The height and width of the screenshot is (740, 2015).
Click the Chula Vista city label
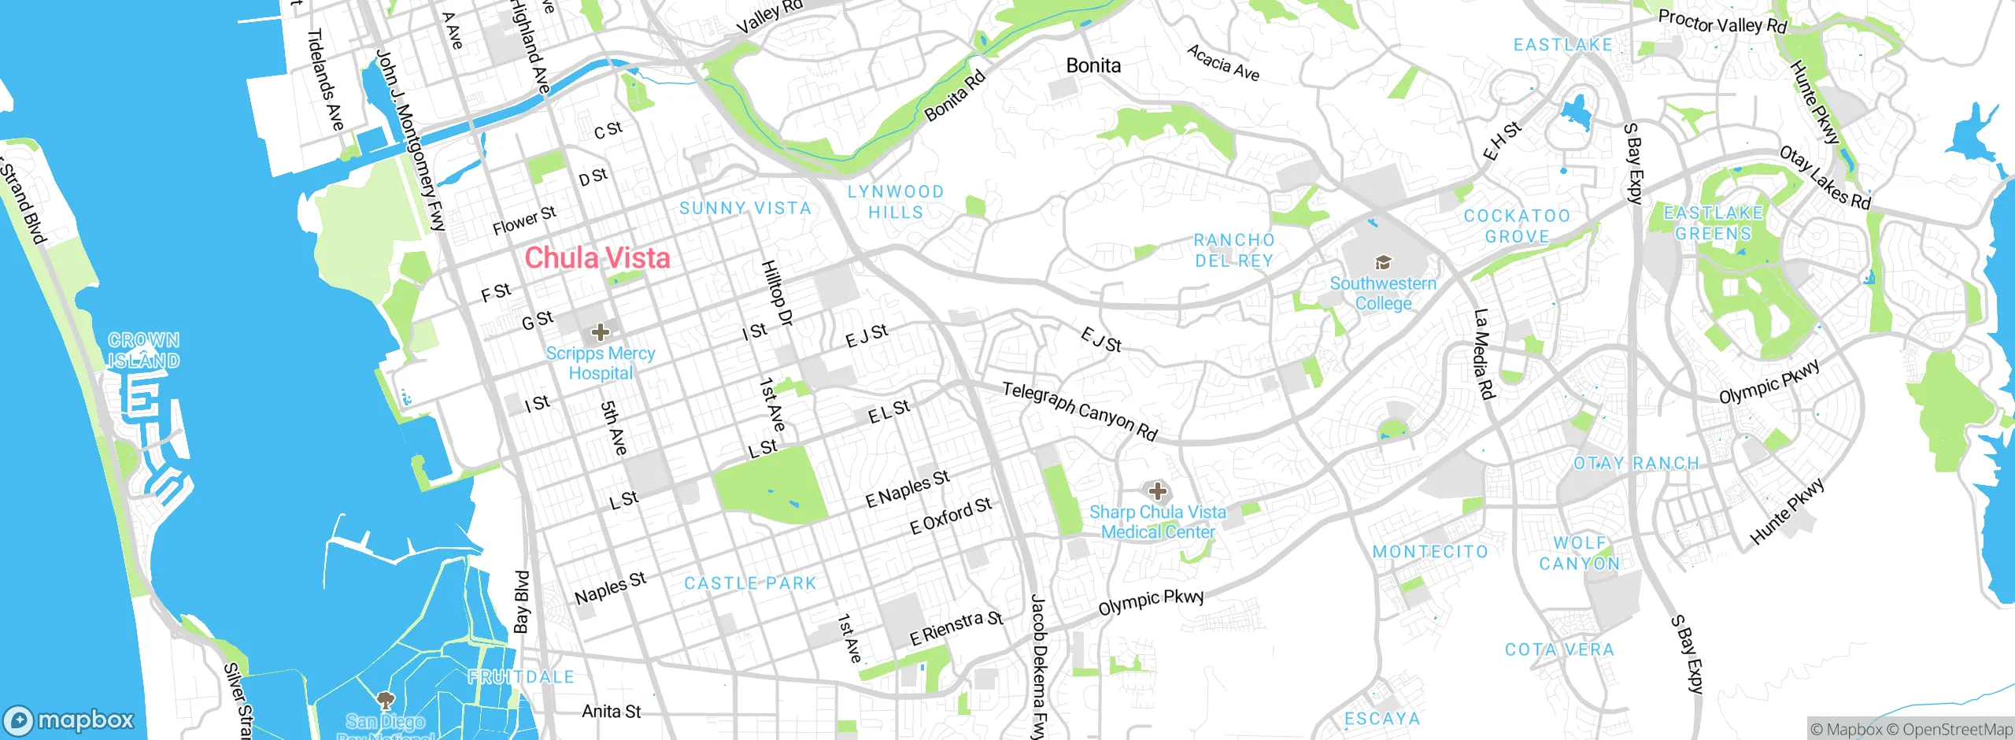[597, 257]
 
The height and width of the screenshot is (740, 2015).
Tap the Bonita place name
[1093, 65]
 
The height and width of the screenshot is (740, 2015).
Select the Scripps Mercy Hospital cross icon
[601, 332]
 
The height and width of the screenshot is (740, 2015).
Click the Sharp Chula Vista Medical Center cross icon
[1157, 491]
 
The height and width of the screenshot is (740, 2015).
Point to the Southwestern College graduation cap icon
[1383, 262]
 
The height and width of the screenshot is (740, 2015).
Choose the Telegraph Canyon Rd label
[1080, 410]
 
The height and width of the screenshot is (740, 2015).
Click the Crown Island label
[144, 350]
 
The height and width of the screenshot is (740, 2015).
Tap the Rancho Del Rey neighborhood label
[1234, 250]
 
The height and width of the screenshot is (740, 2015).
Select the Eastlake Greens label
[1714, 223]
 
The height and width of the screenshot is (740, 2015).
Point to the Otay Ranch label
[1636, 463]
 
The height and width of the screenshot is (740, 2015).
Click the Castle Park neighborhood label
[750, 583]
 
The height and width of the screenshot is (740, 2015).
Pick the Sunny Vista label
[745, 208]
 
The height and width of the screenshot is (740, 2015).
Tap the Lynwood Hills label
[896, 202]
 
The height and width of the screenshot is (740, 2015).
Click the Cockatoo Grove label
[1517, 226]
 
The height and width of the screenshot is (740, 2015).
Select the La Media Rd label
[1484, 354]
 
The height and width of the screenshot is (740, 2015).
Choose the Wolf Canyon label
[1580, 553]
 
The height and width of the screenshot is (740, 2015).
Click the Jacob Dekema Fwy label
[1039, 666]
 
